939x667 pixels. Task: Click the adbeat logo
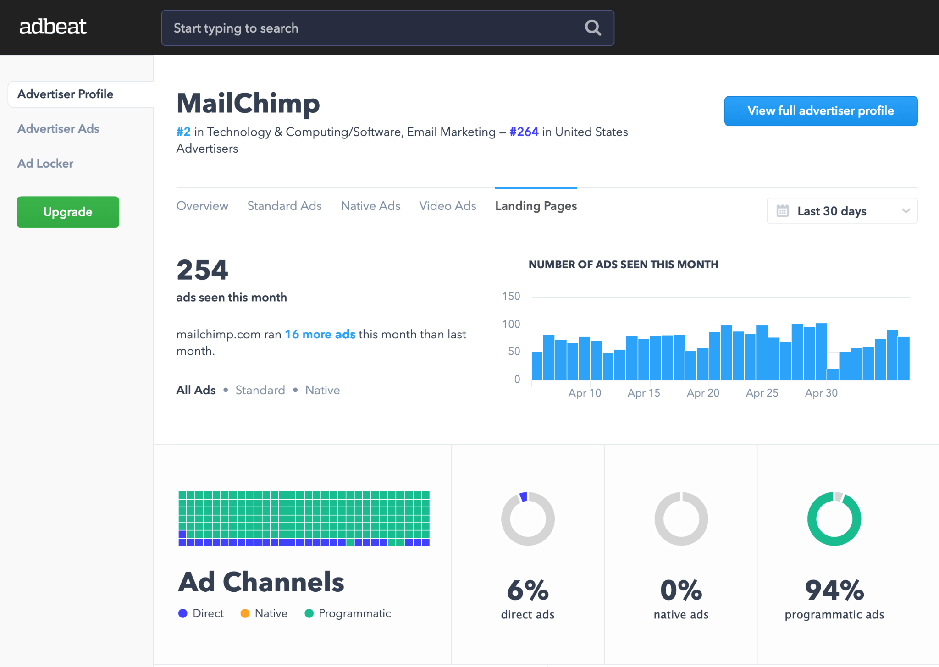click(x=53, y=27)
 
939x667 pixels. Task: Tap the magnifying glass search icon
click(x=593, y=28)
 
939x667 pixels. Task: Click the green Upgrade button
click(x=68, y=212)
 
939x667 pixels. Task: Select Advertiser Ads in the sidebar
click(x=58, y=129)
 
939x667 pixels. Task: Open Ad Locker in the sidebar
click(x=45, y=164)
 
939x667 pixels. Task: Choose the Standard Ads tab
click(x=284, y=206)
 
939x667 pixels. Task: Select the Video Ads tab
click(x=447, y=206)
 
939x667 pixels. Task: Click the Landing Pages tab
click(x=536, y=206)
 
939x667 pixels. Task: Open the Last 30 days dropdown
click(x=842, y=211)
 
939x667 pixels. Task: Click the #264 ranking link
click(x=524, y=132)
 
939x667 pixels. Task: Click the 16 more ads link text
click(x=320, y=334)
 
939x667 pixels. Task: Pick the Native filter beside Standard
click(x=322, y=390)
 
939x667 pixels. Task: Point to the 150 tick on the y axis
click(x=511, y=297)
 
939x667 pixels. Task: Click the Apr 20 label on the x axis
click(x=703, y=393)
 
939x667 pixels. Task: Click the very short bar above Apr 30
click(x=833, y=375)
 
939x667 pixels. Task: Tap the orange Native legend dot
click(x=245, y=613)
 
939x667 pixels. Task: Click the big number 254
click(x=202, y=270)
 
